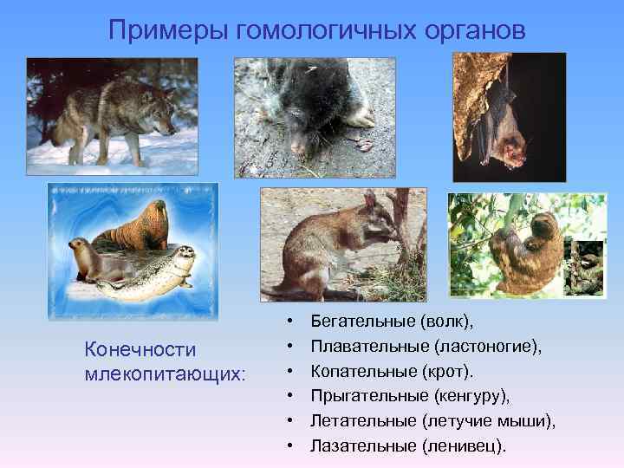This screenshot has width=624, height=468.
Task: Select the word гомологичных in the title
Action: point(328,30)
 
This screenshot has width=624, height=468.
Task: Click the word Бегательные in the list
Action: point(361,322)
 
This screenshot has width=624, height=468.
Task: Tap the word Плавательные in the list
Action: point(367,347)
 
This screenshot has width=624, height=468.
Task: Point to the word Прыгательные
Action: point(367,396)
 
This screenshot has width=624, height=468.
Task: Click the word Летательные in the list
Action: point(363,421)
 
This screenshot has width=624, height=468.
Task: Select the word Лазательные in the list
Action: point(361,446)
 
